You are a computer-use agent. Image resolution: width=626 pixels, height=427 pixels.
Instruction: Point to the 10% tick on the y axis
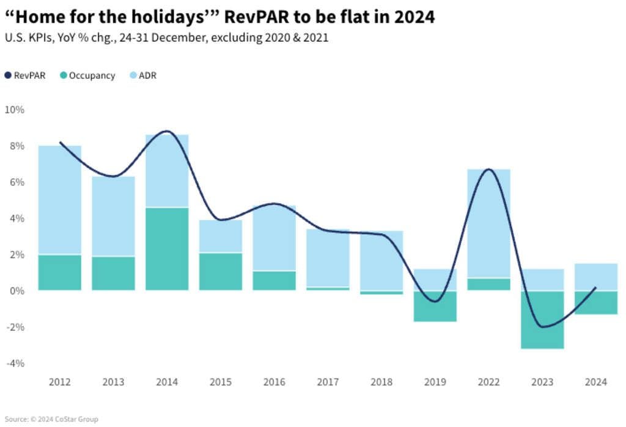(x=14, y=110)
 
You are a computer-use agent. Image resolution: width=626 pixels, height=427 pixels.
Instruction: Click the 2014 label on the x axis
(x=167, y=382)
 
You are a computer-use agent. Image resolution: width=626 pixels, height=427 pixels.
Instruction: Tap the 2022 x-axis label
(x=488, y=382)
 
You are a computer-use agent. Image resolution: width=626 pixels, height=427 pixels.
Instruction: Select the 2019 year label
(x=435, y=382)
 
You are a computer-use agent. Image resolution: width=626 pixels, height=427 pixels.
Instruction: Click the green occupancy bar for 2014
(x=167, y=249)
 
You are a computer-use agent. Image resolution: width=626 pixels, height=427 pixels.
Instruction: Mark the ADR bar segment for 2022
(x=488, y=223)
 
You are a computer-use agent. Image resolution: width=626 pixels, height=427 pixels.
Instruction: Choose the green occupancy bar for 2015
(x=221, y=272)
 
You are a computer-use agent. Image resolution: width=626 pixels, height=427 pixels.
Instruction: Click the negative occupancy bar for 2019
(x=435, y=306)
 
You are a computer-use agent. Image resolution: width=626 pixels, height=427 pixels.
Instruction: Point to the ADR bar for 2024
(x=596, y=277)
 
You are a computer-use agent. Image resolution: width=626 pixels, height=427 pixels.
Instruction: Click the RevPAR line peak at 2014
(x=167, y=132)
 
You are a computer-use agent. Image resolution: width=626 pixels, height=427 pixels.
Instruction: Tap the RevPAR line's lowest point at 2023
(x=542, y=327)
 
